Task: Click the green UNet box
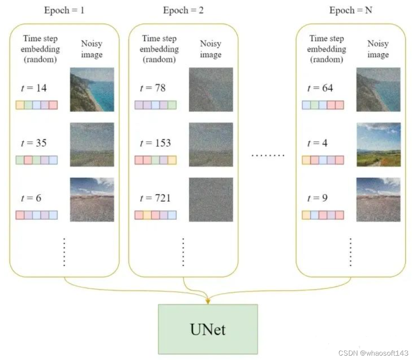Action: tap(208, 329)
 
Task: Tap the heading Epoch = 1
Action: tap(64, 10)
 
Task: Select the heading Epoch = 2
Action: tap(183, 10)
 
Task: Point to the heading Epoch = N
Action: tap(351, 10)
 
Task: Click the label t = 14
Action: tap(34, 88)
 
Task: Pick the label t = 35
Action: tap(34, 143)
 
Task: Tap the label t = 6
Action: tap(31, 198)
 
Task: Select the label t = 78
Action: tap(153, 88)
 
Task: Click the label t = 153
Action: tap(155, 143)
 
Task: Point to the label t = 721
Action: tap(155, 198)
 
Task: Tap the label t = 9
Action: tap(318, 198)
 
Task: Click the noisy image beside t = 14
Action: tap(92, 89)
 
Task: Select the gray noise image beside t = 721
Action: tap(211, 199)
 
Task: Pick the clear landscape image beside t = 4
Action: tap(378, 144)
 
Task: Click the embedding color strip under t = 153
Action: tap(155, 160)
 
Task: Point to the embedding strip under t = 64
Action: tap(323, 105)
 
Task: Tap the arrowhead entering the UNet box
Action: tap(208, 301)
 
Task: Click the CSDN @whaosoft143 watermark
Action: tap(374, 353)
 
